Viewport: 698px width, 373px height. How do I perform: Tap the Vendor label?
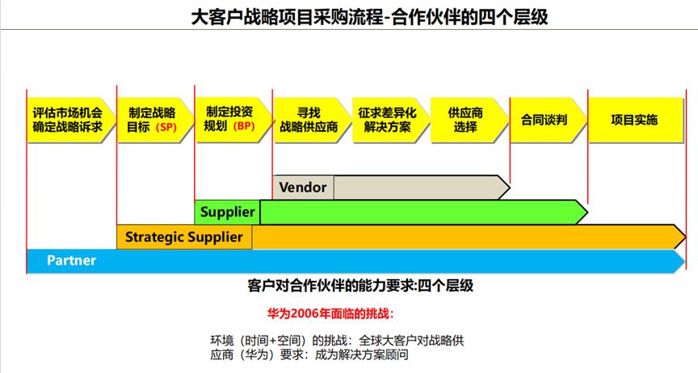303,188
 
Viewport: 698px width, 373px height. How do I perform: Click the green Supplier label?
228,212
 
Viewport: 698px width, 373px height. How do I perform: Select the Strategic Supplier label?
183,237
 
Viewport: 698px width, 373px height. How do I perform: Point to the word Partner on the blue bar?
71,261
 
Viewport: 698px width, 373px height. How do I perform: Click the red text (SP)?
166,128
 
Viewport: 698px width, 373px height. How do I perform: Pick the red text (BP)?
243,127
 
